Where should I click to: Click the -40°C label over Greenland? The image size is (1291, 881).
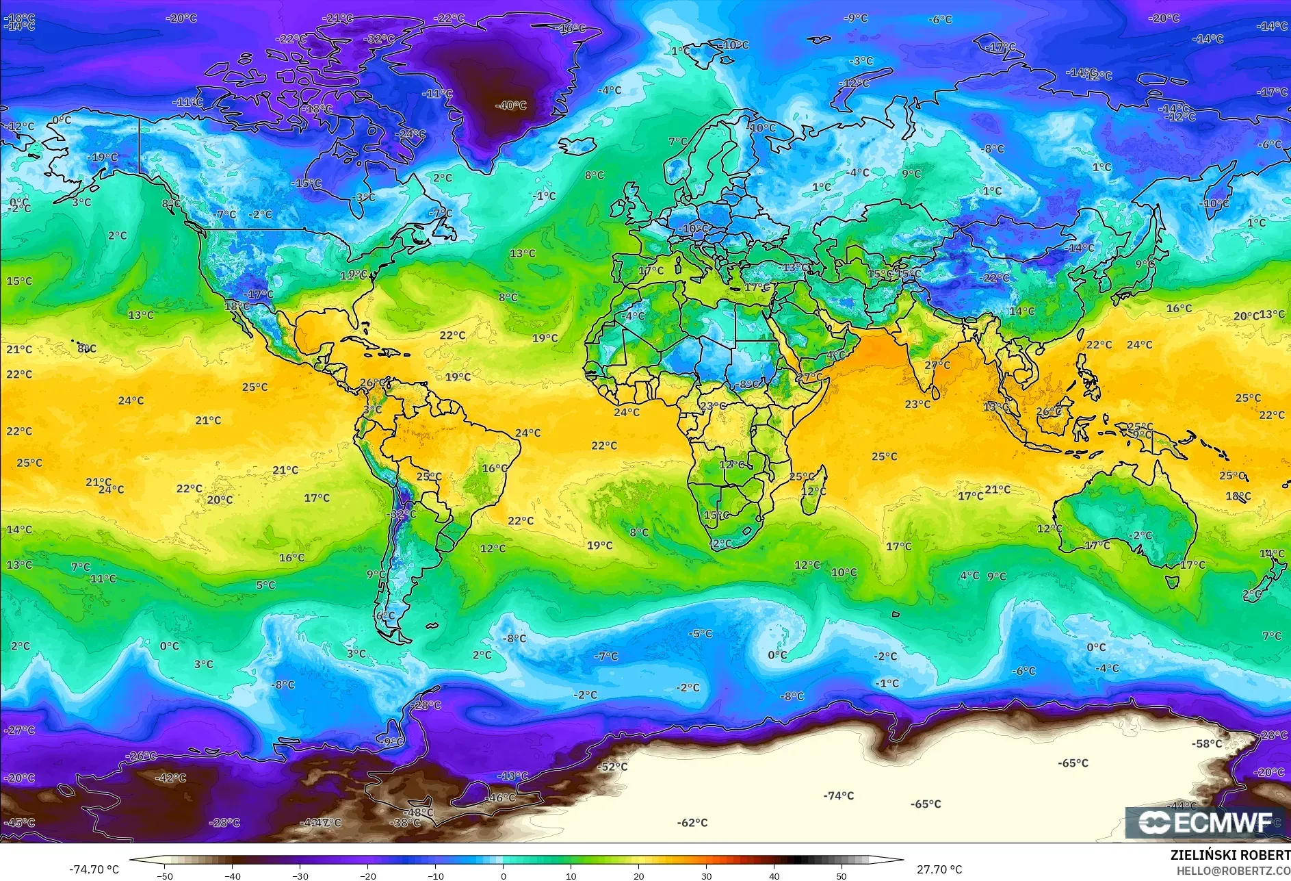point(510,105)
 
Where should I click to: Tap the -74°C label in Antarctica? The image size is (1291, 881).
point(838,795)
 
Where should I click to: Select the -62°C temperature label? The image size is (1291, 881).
point(692,822)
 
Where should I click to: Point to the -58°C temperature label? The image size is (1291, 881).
point(1206,743)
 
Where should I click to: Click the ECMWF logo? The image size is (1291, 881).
point(1205,822)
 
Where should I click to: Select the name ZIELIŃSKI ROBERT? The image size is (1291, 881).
point(1229,855)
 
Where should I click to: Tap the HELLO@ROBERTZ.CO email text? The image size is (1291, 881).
point(1233,871)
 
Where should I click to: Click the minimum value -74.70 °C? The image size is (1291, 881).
point(94,869)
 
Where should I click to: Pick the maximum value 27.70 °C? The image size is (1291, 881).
point(939,869)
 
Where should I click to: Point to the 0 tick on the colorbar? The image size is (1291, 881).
point(503,876)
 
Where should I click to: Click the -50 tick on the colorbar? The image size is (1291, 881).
point(164,876)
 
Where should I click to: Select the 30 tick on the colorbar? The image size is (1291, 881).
point(706,876)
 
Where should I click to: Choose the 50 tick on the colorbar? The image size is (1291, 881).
point(841,876)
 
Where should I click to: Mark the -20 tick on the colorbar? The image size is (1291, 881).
point(367,876)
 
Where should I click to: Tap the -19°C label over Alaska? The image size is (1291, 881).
point(102,157)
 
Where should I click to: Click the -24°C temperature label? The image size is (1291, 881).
point(411,134)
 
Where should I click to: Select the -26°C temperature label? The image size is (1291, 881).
point(141,756)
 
